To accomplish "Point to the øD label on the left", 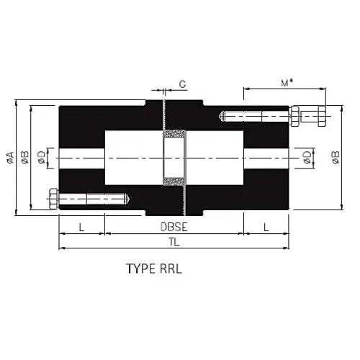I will point(42,157).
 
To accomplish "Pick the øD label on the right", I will point(307,157).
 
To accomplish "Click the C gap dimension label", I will point(181,84).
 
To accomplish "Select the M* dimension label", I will point(286,83).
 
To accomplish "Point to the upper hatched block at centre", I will point(175,135).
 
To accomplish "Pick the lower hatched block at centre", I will point(175,180).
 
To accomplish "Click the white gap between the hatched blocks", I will point(175,157).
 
